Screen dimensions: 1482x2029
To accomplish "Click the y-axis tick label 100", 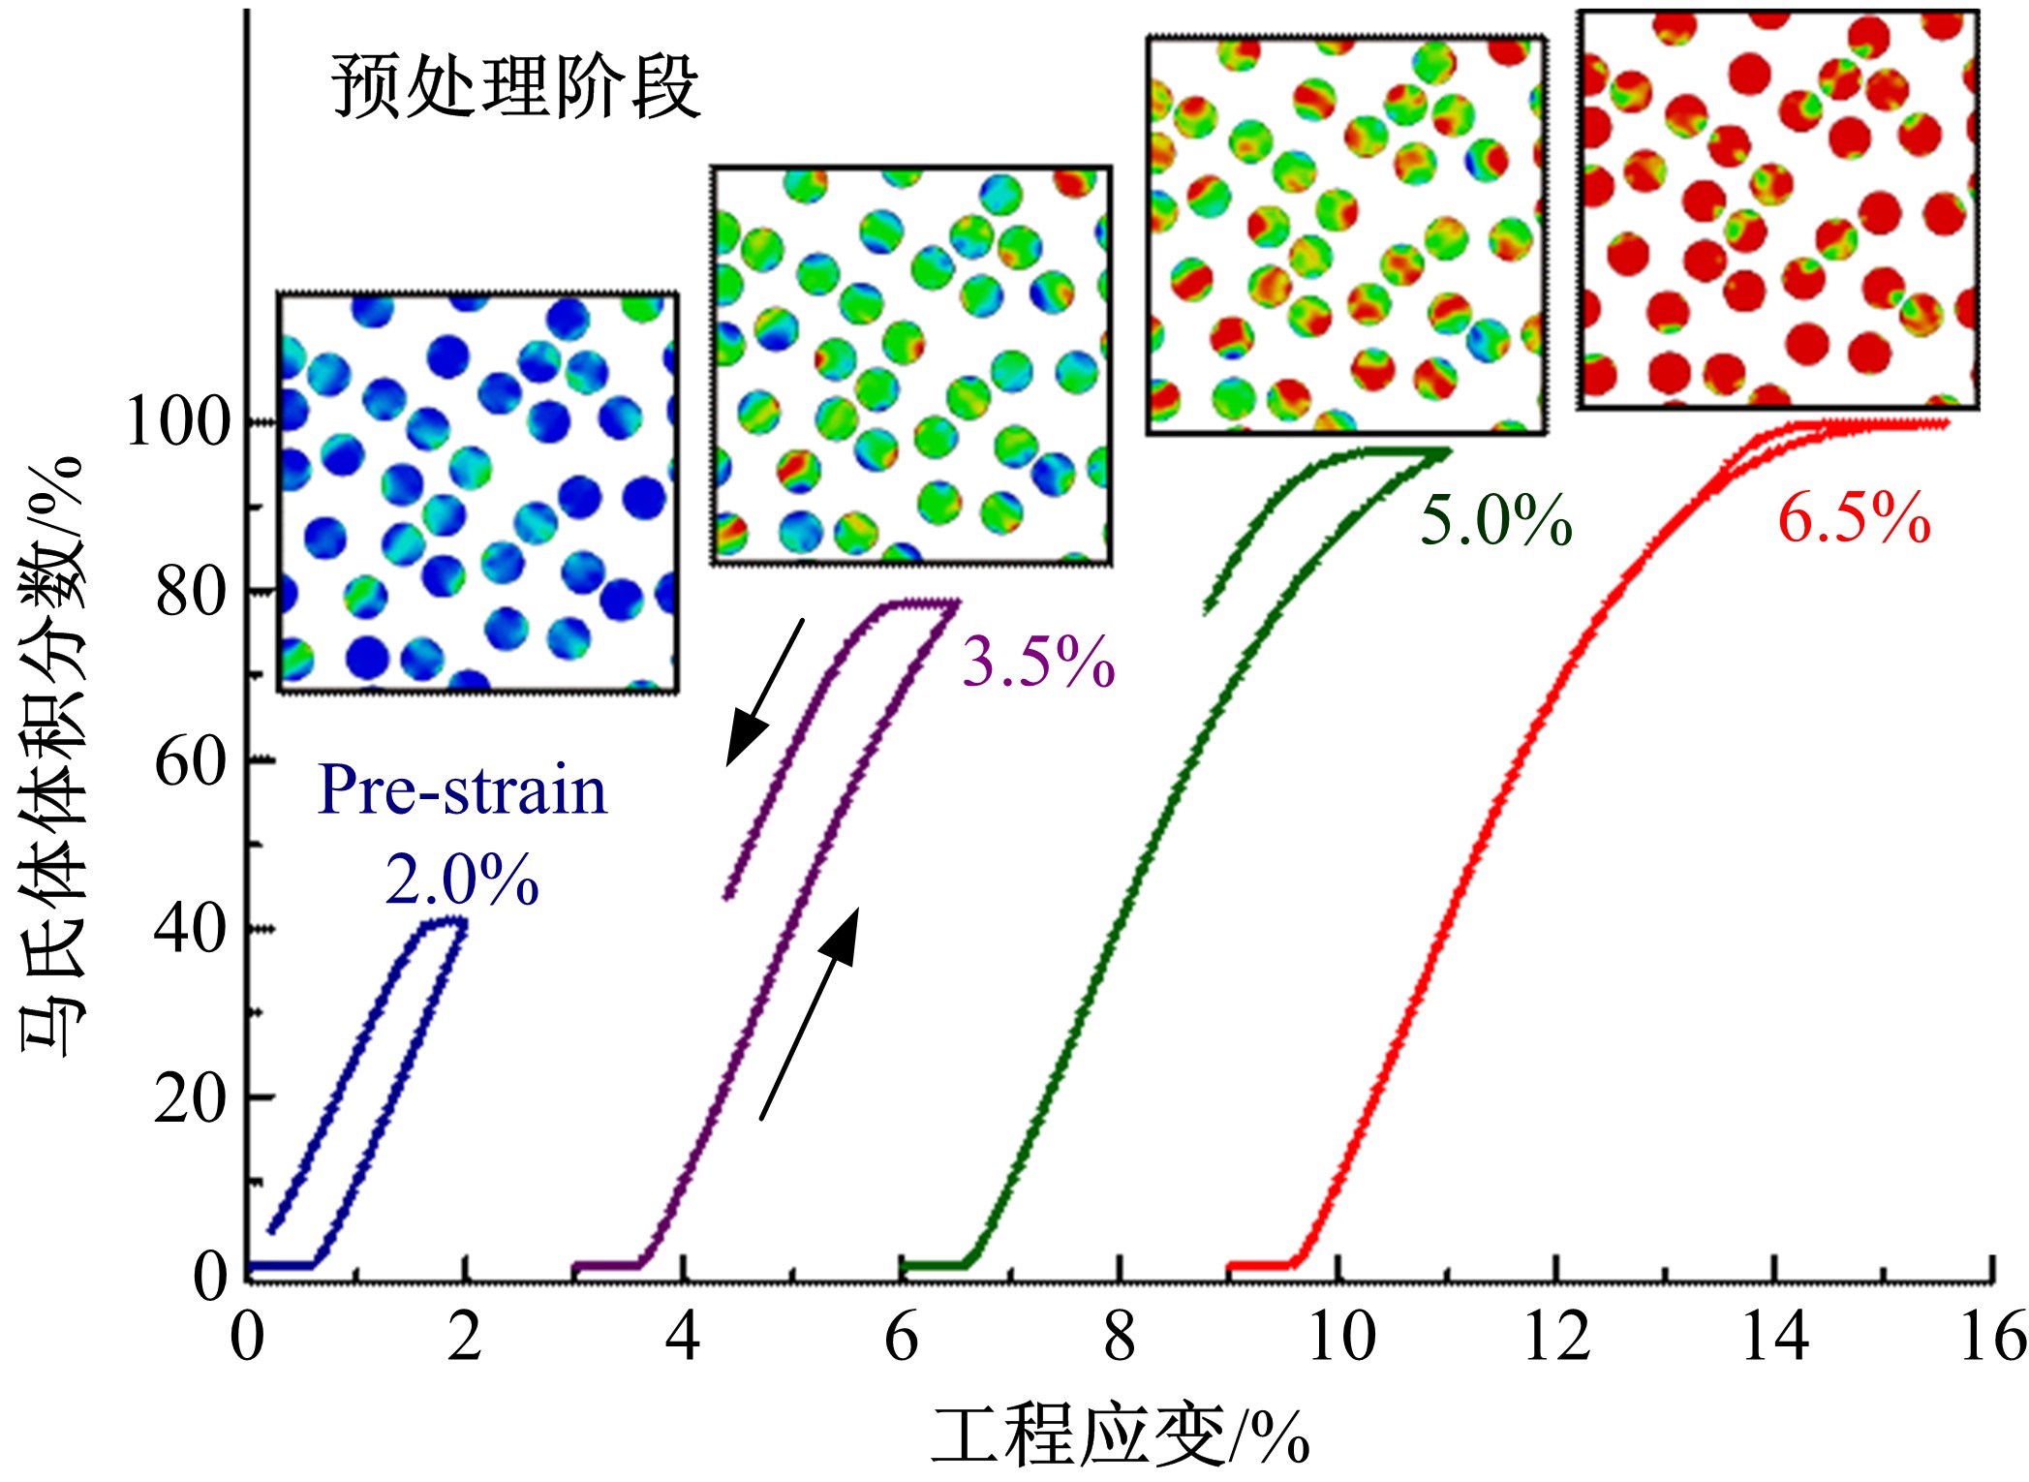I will pyautogui.click(x=177, y=422).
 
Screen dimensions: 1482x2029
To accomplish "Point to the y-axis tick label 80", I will pyautogui.click(x=193, y=592).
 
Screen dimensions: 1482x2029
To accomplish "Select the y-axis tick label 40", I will pyautogui.click(x=191, y=929).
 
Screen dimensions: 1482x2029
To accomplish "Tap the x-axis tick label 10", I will pyautogui.click(x=1340, y=1337).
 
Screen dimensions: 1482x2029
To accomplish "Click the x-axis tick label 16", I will pyautogui.click(x=1993, y=1337).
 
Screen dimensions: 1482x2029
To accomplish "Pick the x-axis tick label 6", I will pyautogui.click(x=901, y=1337).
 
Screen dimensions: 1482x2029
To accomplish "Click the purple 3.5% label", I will pyautogui.click(x=1037, y=663).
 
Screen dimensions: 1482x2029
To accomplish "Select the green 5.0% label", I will pyautogui.click(x=1495, y=520).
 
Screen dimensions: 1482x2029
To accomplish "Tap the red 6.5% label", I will pyautogui.click(x=1854, y=517).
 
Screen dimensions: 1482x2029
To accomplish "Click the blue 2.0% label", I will pyautogui.click(x=462, y=880).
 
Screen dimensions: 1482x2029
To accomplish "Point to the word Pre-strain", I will pyautogui.click(x=462, y=790).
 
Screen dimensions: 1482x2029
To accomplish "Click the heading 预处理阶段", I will pyautogui.click(x=515, y=87).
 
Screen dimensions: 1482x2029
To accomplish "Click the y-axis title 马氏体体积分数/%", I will pyautogui.click(x=53, y=756).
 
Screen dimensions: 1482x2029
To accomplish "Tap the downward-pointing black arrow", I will pyautogui.click(x=764, y=693).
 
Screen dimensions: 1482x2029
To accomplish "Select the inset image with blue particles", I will pyautogui.click(x=477, y=492).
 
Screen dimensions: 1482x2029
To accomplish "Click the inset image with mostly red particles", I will pyautogui.click(x=1777, y=209).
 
